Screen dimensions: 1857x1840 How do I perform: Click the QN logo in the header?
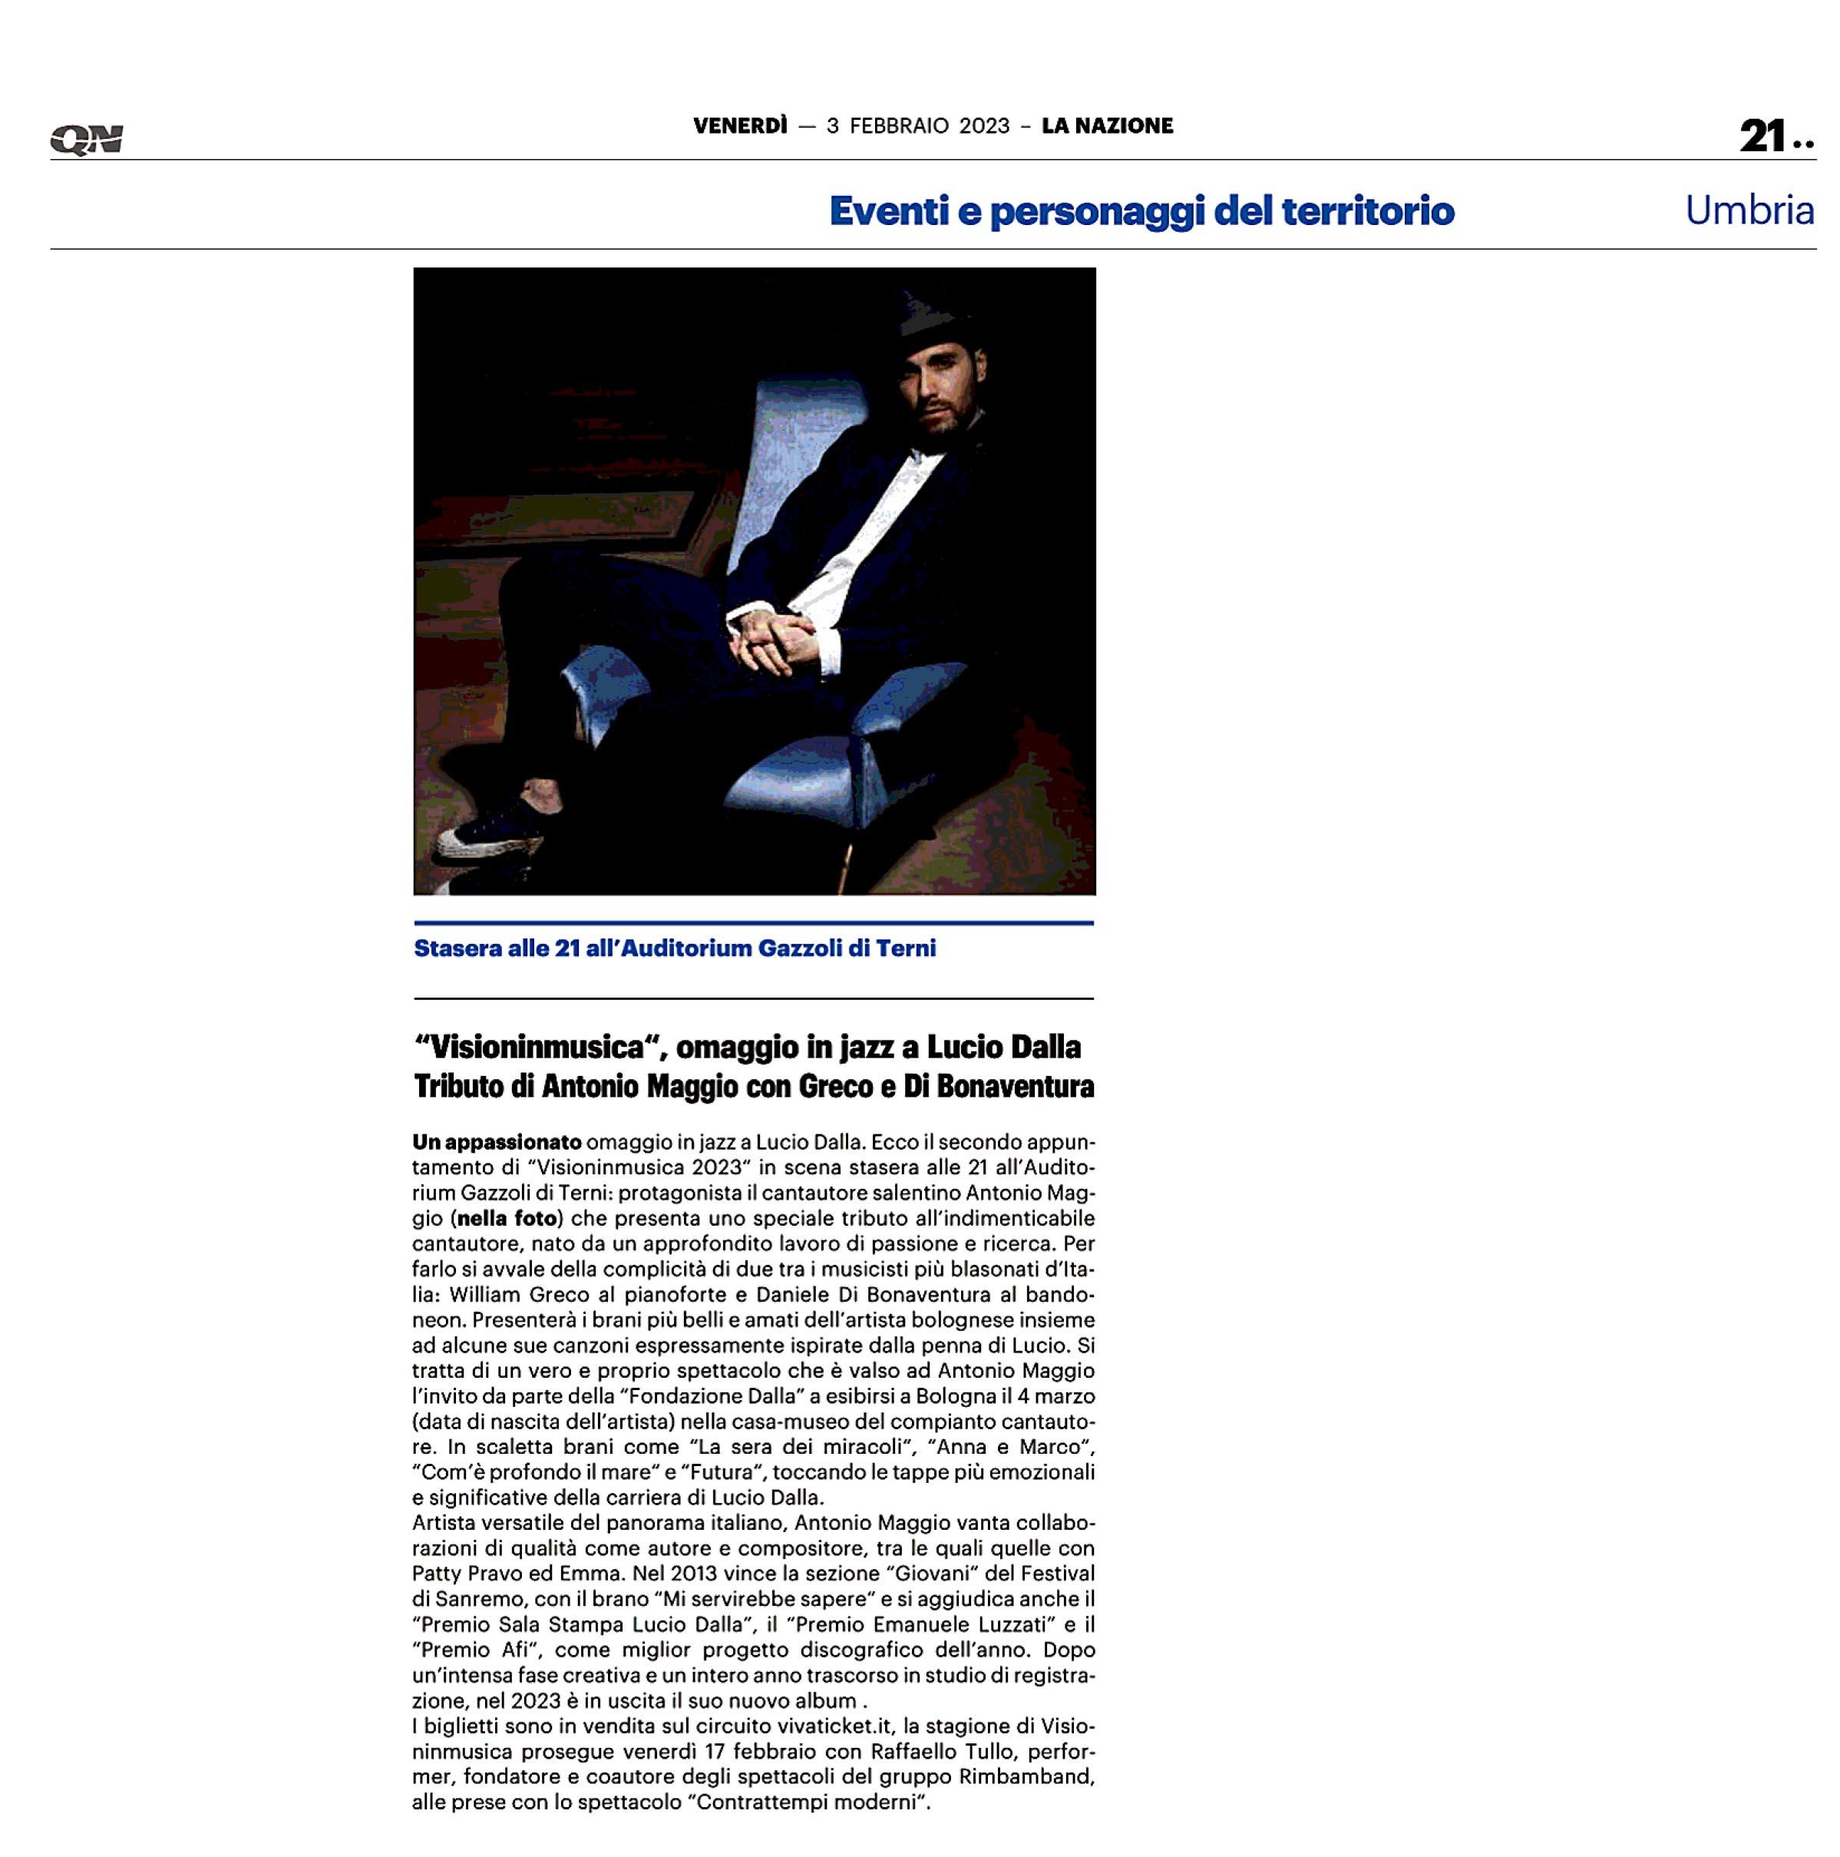coord(87,141)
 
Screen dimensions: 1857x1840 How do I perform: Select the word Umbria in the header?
coord(1749,210)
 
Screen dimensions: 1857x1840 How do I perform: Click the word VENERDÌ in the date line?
coord(740,126)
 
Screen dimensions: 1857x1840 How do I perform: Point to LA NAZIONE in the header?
coord(1107,126)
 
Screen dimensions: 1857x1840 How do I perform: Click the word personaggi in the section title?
coord(1095,211)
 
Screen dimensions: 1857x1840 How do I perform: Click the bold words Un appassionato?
coord(497,1143)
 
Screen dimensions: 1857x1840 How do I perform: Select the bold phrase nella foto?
coord(507,1219)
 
